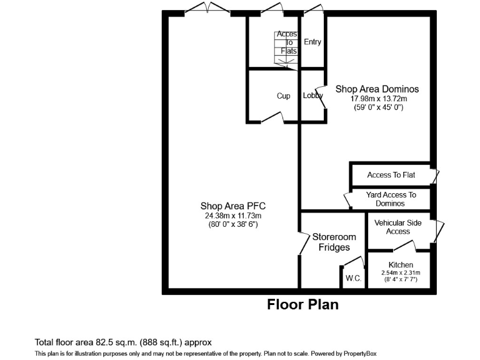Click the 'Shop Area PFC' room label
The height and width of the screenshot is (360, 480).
(x=237, y=206)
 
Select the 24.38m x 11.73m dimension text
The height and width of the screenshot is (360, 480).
(x=237, y=216)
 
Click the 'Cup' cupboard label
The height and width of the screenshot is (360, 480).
(x=284, y=96)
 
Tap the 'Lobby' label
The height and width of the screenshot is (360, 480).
(x=312, y=96)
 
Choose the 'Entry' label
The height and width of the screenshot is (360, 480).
(x=312, y=42)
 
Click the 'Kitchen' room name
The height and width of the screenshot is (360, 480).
(x=401, y=265)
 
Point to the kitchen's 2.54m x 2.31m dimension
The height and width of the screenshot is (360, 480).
(x=401, y=272)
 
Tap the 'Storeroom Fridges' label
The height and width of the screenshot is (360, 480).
(x=334, y=242)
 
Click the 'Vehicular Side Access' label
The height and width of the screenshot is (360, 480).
(x=398, y=227)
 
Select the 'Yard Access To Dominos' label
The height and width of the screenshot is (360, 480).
(x=391, y=199)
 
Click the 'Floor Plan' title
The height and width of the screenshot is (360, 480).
(x=302, y=305)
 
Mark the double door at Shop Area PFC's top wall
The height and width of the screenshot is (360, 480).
(x=207, y=9)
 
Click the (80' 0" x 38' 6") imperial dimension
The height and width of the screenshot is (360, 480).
(x=237, y=224)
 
